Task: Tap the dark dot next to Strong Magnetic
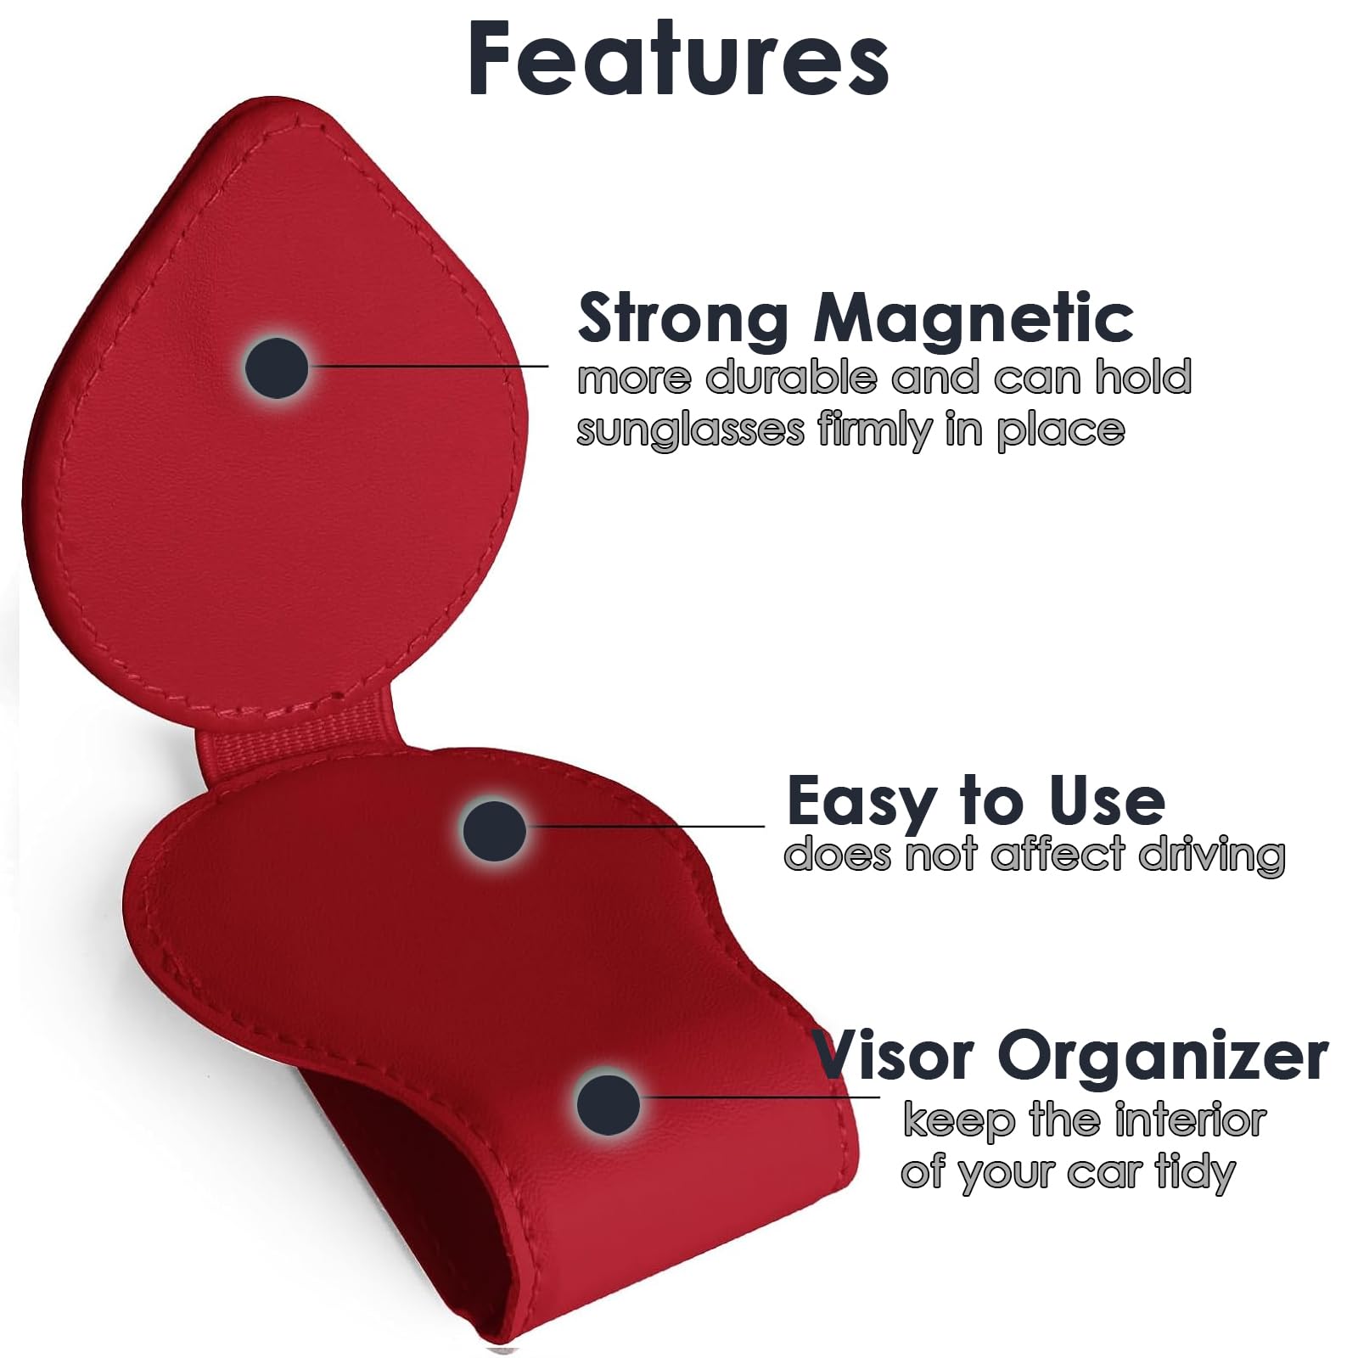277,368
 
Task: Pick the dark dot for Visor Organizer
608,1104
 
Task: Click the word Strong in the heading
682,318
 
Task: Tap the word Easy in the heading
859,801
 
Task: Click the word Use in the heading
1107,801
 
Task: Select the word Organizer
1163,1057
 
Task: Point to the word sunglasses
690,430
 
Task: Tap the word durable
792,378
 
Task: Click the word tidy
1195,1174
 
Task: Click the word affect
1058,853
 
